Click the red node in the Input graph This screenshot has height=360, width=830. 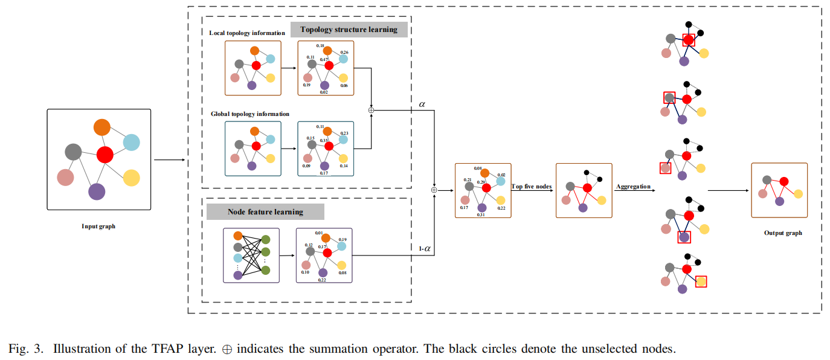(x=105, y=155)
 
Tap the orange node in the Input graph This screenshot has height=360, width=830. (x=102, y=127)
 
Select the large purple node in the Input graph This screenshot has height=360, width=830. (x=97, y=191)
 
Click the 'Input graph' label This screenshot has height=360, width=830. (x=98, y=227)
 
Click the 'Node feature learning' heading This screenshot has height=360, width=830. (x=265, y=212)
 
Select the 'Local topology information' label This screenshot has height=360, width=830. (x=247, y=33)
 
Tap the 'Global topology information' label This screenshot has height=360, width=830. (x=250, y=114)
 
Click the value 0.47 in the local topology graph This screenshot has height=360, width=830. (x=324, y=60)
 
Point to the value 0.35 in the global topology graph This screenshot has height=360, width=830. (x=324, y=140)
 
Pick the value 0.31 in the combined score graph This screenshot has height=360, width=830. (x=481, y=214)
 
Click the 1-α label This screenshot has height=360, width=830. (x=426, y=248)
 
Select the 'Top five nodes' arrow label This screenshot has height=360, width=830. (x=532, y=187)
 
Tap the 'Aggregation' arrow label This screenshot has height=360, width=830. (x=633, y=187)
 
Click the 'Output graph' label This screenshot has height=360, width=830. (x=783, y=233)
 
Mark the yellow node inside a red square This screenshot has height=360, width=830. (x=701, y=281)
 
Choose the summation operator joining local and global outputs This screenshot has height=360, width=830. (x=372, y=110)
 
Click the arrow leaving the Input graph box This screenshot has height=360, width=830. (x=169, y=160)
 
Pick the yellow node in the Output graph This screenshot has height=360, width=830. (x=798, y=194)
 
